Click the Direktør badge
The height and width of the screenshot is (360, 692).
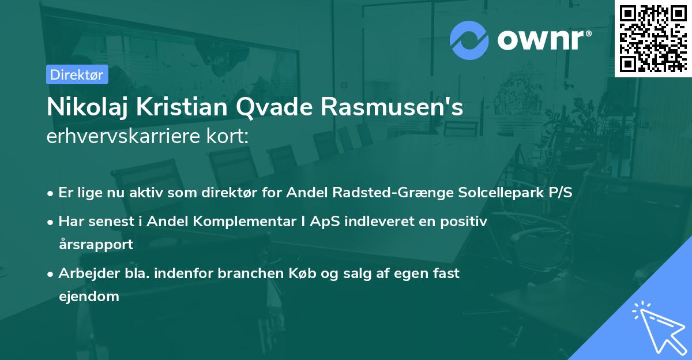pos(77,74)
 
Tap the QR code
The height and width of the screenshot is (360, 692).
pos(653,38)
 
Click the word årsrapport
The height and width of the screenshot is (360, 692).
pos(96,244)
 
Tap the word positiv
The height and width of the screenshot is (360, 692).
pos(467,221)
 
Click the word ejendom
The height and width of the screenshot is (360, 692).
pos(89,297)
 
